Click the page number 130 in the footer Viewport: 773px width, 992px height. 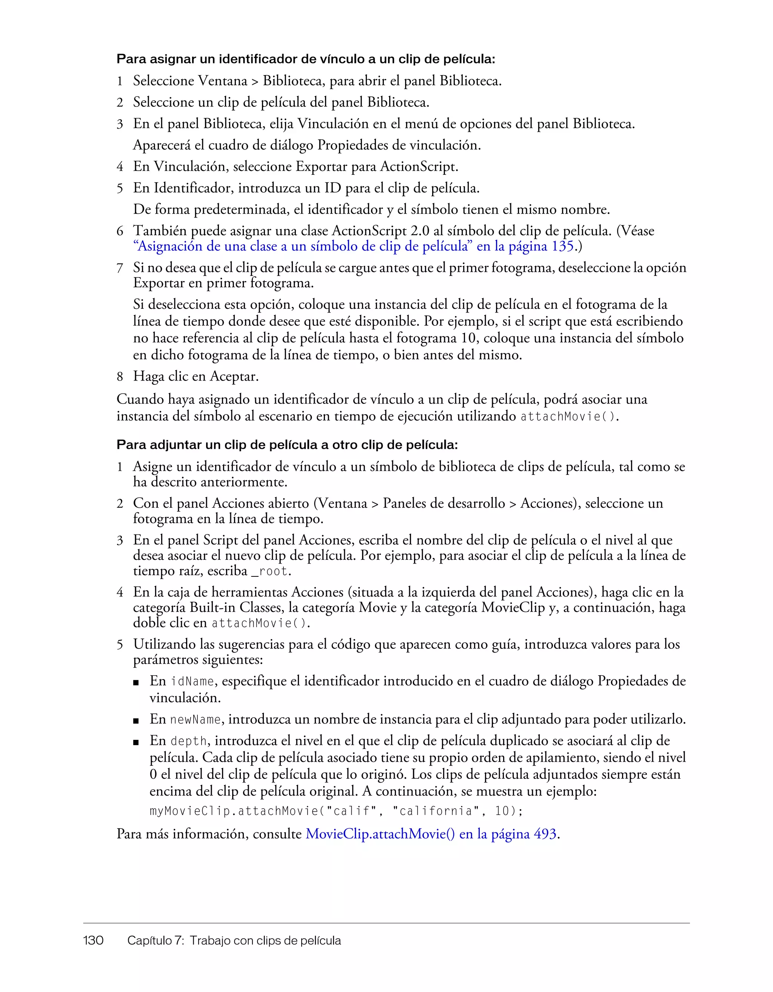pos(93,940)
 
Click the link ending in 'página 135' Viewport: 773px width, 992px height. pos(354,246)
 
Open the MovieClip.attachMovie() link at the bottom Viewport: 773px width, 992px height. pos(431,834)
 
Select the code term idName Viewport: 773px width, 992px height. pos(192,681)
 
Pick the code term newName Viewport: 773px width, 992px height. pos(195,719)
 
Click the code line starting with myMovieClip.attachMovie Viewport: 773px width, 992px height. pos(336,811)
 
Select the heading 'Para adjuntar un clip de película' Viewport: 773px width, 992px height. pos(287,445)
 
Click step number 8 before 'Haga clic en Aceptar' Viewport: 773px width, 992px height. pos(120,377)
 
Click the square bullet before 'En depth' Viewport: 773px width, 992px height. pos(136,742)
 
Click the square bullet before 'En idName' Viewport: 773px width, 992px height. pos(136,682)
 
